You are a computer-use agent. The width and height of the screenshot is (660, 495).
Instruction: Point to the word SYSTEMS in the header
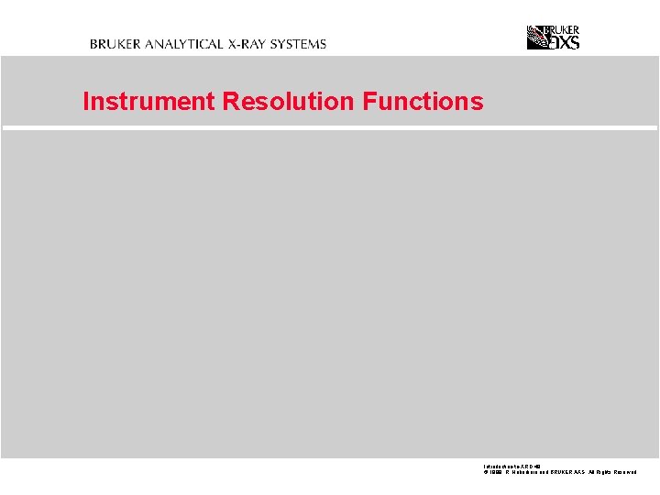pos(299,44)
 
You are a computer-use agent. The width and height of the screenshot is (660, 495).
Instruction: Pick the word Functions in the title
pos(423,102)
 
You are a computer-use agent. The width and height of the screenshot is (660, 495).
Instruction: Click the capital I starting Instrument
pos(86,102)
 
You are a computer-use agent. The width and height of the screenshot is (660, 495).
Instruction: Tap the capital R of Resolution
pos(229,102)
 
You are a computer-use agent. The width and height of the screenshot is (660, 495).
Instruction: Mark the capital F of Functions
pos(368,102)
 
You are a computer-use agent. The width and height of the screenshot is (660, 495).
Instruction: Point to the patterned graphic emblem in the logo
pos(537,37)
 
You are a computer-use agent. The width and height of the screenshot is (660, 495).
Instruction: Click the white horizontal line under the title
pos(330,128)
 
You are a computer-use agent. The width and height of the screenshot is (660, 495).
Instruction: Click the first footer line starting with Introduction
pos(510,467)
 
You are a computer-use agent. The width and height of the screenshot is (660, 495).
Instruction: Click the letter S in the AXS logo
pos(574,41)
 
